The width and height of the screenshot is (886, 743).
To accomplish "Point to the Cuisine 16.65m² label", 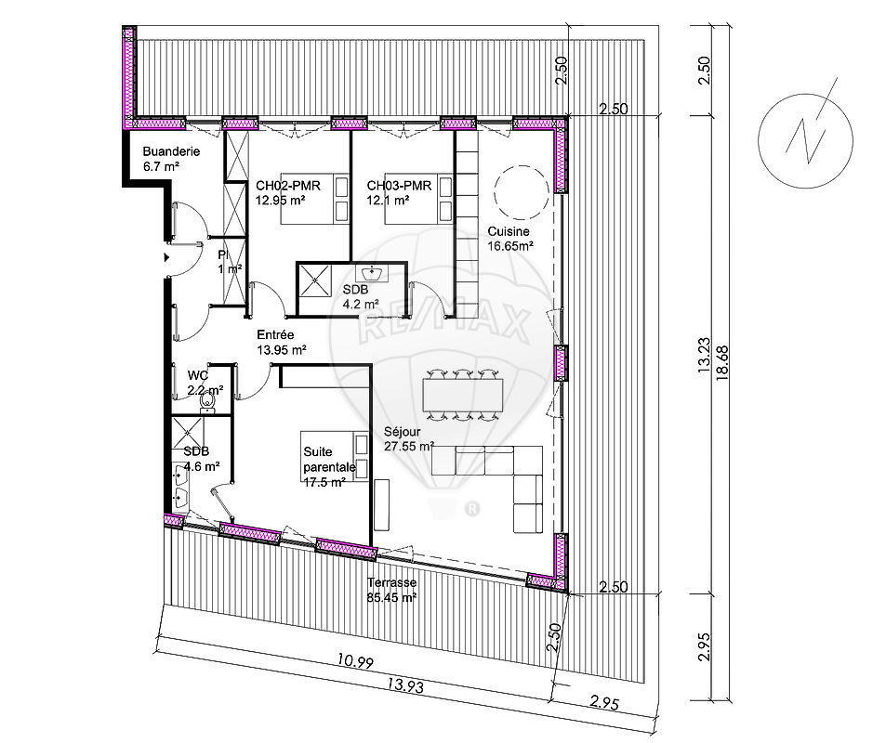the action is click(x=510, y=239).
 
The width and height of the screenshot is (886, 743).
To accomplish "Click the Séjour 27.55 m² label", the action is click(x=408, y=438).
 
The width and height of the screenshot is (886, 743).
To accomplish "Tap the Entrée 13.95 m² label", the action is click(x=282, y=342).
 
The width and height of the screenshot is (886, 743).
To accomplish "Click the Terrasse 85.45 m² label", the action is click(x=391, y=590).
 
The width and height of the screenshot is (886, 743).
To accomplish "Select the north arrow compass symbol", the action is click(x=806, y=140).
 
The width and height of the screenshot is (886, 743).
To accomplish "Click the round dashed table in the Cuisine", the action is click(x=521, y=192).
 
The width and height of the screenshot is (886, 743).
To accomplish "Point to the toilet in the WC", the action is click(x=207, y=401).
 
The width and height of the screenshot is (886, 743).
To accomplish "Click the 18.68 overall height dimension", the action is click(x=722, y=363).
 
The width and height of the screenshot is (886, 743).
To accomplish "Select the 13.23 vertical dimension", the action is click(x=704, y=355).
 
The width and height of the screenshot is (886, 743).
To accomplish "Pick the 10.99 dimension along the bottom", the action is click(x=355, y=660).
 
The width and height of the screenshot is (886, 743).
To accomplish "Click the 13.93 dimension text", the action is click(x=405, y=685).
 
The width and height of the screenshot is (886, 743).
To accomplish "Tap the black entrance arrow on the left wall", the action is click(x=166, y=257).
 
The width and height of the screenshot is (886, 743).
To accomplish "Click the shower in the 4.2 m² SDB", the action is click(x=314, y=281).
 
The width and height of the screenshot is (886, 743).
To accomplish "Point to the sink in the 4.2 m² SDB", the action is click(x=372, y=274).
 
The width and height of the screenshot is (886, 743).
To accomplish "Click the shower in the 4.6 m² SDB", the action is click(x=188, y=432).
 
